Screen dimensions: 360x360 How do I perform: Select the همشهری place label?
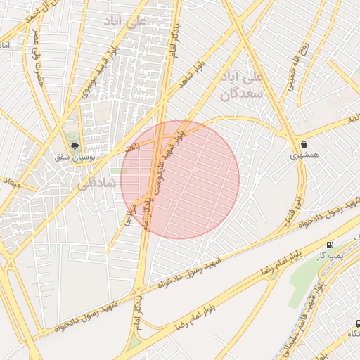click(x=304, y=154)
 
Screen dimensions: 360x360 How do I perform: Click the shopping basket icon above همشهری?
click(x=304, y=143)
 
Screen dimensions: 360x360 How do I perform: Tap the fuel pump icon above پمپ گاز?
click(x=330, y=245)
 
